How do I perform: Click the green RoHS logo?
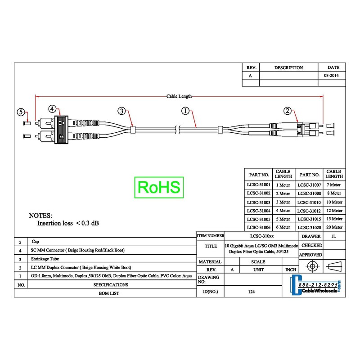(159, 187)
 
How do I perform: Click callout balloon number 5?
(21, 112)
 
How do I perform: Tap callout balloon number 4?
(52, 109)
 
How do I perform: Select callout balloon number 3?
(121, 111)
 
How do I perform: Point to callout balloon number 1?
(185, 111)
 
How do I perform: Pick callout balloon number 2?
(288, 111)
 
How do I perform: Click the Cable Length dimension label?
(179, 96)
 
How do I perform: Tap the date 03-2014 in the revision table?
(331, 75)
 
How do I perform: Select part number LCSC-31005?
(258, 219)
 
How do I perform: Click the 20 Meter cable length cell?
(334, 227)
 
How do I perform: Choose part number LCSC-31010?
(309, 202)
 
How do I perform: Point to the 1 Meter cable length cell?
(283, 185)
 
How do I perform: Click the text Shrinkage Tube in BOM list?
(45, 259)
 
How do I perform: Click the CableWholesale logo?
(315, 285)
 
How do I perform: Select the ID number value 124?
(252, 292)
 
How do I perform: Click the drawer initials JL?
(333, 236)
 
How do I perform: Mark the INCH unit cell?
(291, 270)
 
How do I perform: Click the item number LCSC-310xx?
(262, 236)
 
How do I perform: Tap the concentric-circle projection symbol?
(312, 266)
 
